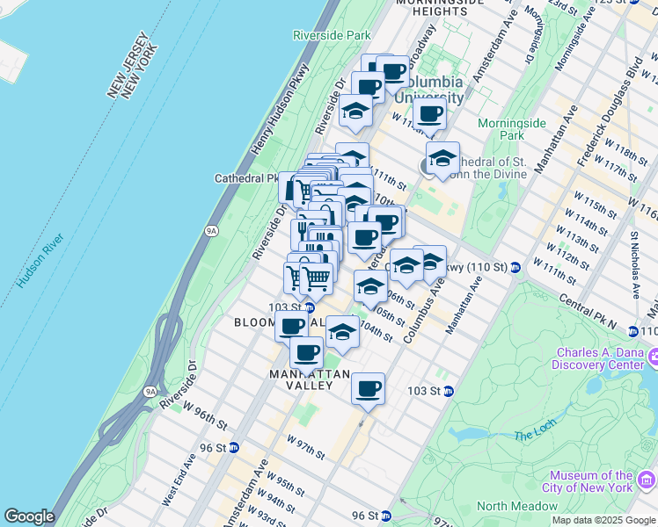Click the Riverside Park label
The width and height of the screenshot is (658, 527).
[x=332, y=35]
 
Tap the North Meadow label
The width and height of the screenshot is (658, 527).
[x=517, y=506]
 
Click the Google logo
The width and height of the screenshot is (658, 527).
[x=29, y=516]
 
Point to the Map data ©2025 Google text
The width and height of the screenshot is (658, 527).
[x=603, y=520]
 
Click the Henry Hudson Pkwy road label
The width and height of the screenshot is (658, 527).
[x=280, y=111]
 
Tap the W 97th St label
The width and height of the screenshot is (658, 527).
[x=305, y=446]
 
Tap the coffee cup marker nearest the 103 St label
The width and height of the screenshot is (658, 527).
[x=367, y=387]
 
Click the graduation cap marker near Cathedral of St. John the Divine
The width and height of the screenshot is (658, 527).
[x=442, y=158]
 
